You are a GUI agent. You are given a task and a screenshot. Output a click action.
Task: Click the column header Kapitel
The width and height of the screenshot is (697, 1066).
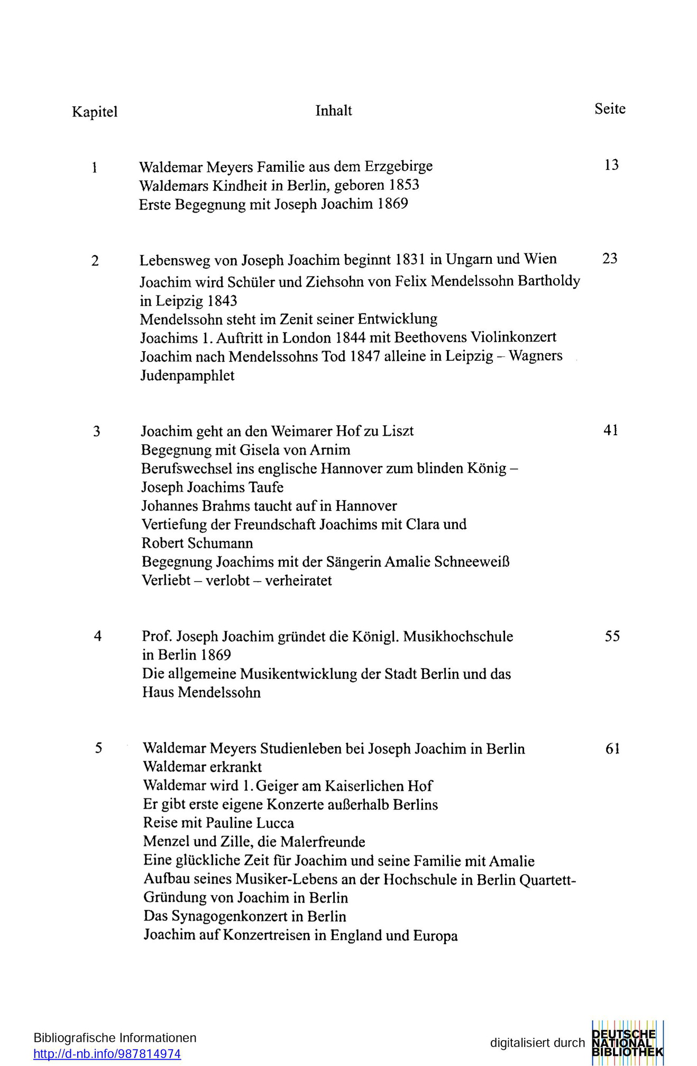[95, 112]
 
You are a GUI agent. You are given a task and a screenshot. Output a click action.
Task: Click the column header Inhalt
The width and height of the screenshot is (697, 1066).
[333, 111]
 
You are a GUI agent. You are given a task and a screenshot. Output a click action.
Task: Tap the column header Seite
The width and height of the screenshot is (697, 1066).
[610, 109]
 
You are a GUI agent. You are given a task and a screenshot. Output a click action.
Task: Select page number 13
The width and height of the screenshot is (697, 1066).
[611, 166]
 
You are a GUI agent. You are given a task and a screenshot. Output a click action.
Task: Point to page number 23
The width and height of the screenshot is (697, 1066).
[610, 259]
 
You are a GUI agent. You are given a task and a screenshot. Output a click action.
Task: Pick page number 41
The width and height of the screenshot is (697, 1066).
[611, 430]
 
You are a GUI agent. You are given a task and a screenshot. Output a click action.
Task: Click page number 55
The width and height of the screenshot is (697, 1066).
[612, 636]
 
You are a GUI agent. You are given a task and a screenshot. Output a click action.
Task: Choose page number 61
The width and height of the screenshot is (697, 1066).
[612, 749]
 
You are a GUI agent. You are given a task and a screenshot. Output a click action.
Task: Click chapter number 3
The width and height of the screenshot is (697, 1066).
[97, 432]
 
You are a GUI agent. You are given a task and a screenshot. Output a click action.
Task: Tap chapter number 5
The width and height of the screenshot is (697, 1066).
[98, 748]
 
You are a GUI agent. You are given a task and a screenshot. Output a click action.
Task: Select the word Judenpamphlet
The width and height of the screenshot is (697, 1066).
[187, 376]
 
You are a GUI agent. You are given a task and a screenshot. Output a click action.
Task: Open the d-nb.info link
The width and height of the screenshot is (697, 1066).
[107, 1054]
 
